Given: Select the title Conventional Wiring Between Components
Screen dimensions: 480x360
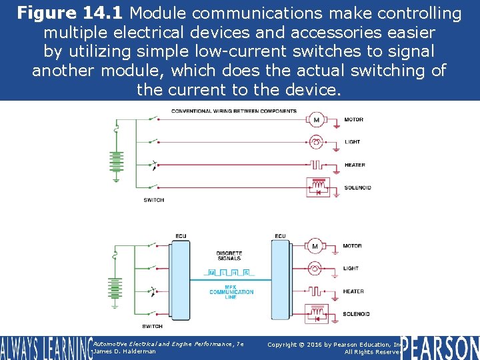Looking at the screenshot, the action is [x=234, y=111].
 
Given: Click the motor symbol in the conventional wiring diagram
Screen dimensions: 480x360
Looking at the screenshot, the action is [x=316, y=120].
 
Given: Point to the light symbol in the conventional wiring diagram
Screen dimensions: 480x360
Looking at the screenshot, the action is [x=316, y=142].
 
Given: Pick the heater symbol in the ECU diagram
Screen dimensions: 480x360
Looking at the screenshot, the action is [x=316, y=291].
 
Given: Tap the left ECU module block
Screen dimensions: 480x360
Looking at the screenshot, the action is [x=180, y=284].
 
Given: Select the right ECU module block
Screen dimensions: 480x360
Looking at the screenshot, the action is [x=280, y=284].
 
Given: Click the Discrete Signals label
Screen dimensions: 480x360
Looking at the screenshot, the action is [x=229, y=256].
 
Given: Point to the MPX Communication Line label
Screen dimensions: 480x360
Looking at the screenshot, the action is [x=231, y=291].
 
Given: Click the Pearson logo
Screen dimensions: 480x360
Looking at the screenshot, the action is [x=441, y=347].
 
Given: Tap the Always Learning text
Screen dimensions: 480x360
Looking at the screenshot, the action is [x=45, y=348].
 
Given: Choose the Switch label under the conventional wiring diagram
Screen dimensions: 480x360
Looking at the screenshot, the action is [x=153, y=200].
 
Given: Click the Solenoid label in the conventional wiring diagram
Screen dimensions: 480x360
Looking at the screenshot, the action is [x=357, y=188].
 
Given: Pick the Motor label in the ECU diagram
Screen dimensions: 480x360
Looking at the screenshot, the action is [x=352, y=246].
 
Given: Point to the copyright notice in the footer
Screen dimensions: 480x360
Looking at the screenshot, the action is [x=333, y=347].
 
